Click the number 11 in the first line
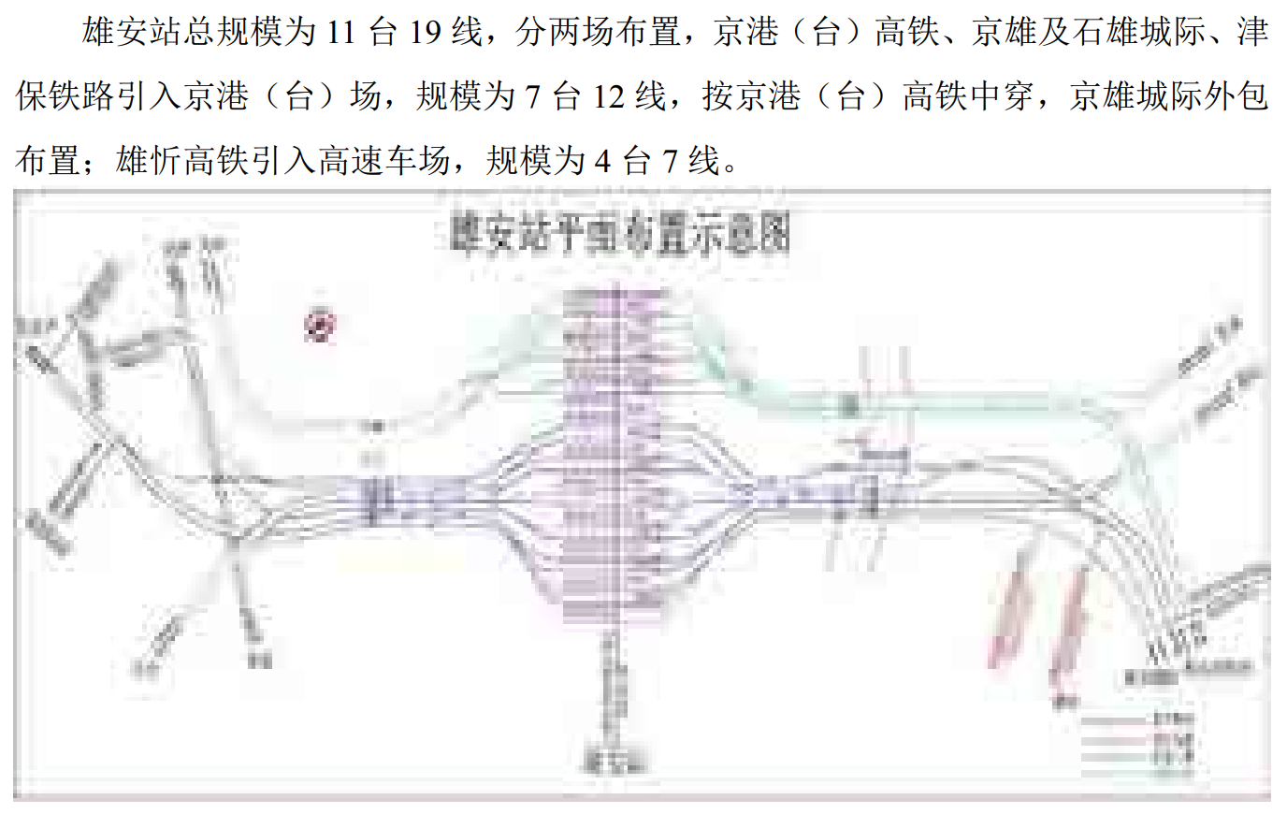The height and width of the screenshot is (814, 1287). pos(340,33)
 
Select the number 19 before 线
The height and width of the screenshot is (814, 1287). pos(425,33)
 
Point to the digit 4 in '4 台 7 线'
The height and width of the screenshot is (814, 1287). pos(602,161)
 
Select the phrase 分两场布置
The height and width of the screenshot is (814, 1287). pos(597,33)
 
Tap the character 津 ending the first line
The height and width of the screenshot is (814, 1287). pos(1252,33)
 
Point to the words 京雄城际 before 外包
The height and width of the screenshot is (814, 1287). pos(1135,96)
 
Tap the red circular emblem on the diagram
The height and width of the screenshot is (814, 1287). pos(320,325)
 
